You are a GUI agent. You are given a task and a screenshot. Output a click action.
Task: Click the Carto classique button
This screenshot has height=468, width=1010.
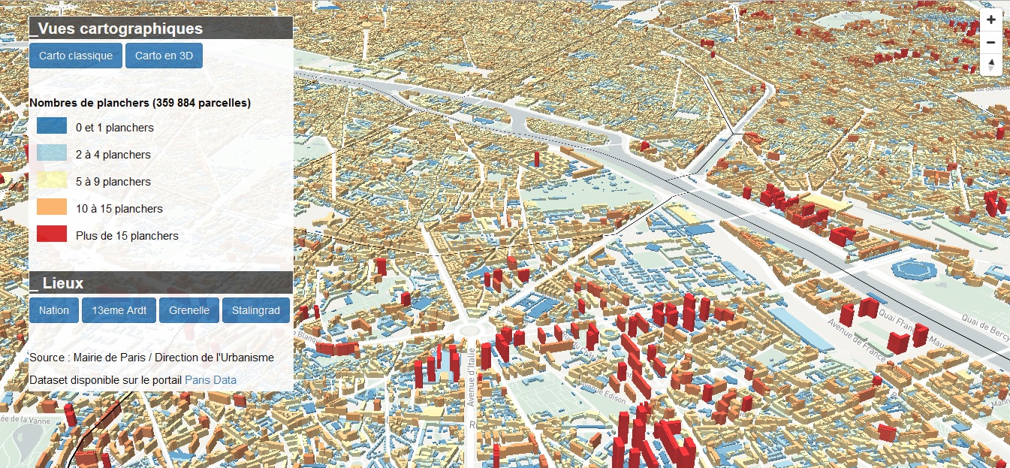click(76, 56)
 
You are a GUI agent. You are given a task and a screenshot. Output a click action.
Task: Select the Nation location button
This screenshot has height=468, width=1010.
click(54, 310)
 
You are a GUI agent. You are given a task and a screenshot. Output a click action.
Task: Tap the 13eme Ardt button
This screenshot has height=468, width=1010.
click(119, 310)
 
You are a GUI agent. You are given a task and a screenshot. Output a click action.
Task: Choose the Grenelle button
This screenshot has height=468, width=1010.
click(189, 310)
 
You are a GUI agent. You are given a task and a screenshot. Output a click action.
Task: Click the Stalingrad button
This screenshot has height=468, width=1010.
click(255, 310)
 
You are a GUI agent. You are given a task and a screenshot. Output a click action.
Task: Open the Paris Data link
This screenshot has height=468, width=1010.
click(210, 380)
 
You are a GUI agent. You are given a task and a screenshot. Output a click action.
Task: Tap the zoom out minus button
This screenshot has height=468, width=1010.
click(991, 43)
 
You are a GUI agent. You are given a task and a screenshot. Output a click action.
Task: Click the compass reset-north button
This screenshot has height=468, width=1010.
click(991, 64)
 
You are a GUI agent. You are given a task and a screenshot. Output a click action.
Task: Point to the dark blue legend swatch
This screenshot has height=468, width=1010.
click(52, 127)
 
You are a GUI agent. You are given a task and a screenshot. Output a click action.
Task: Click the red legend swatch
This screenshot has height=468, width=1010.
click(52, 234)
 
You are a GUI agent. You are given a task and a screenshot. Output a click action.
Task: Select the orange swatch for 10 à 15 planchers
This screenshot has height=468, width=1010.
click(52, 207)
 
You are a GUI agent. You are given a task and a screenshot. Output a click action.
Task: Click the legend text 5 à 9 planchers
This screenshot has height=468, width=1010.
click(113, 182)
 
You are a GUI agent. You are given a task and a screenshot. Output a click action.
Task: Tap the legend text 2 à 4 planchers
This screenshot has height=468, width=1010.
click(113, 155)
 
